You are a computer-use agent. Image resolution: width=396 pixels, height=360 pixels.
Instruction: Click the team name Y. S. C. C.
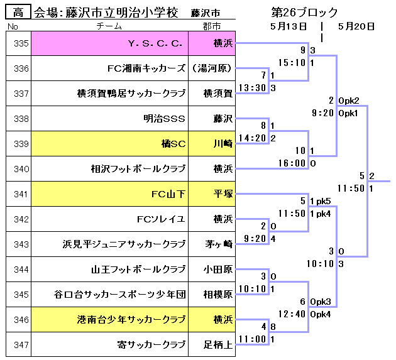[155, 43]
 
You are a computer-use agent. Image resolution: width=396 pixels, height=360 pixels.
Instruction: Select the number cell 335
[21, 43]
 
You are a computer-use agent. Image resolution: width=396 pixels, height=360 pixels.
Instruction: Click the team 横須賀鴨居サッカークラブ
[131, 94]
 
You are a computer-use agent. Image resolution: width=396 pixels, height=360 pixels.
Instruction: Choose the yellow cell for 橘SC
[173, 144]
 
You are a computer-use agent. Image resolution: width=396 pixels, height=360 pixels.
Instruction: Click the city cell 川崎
[223, 144]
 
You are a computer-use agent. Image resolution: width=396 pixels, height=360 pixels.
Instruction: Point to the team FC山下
[168, 194]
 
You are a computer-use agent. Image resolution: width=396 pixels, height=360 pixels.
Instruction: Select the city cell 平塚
[223, 194]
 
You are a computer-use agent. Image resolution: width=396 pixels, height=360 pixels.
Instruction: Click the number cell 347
[21, 345]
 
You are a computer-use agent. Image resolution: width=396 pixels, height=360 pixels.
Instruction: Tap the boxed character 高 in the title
[18, 13]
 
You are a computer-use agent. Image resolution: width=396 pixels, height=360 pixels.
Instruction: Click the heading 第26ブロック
[304, 13]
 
